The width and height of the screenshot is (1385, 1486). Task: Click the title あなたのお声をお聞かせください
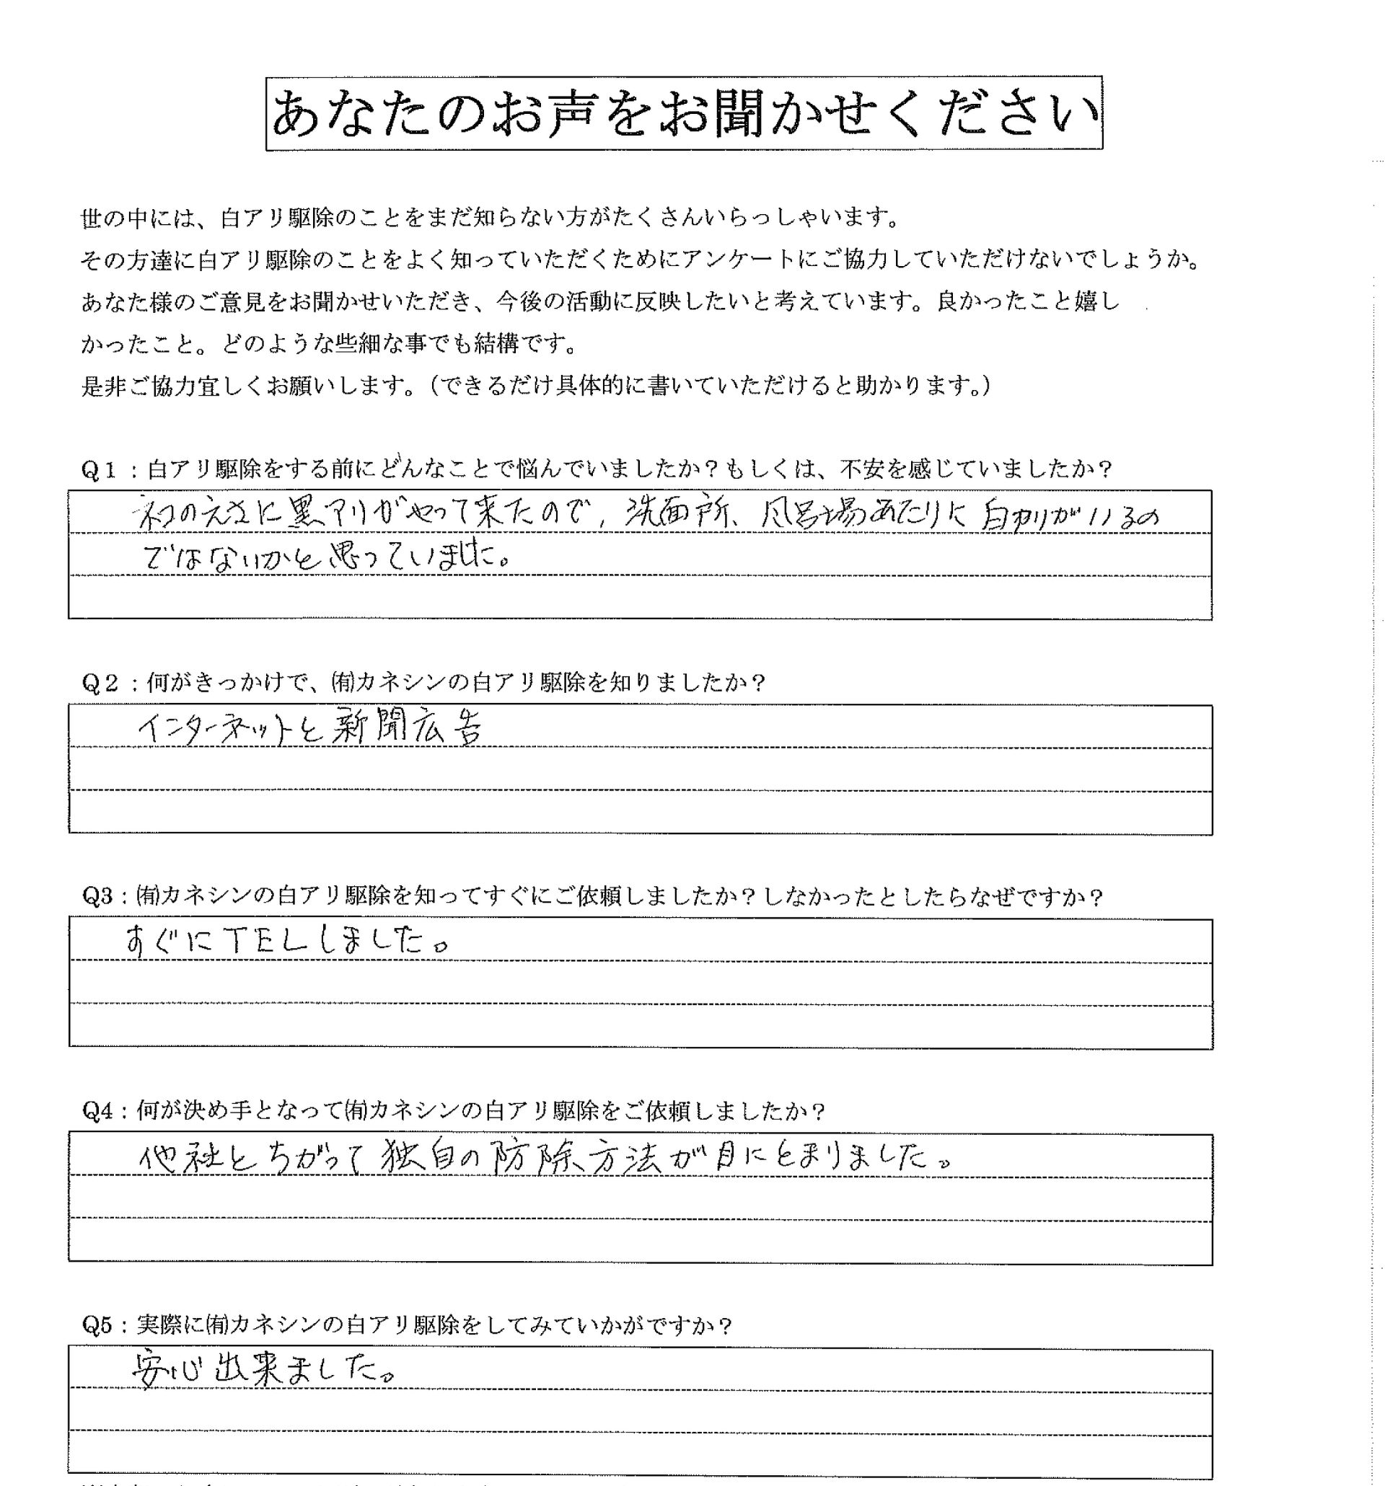coord(684,114)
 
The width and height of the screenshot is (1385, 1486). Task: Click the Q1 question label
coord(99,469)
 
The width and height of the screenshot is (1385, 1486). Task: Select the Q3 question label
coord(98,896)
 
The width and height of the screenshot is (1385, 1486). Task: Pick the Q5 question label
coord(98,1325)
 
